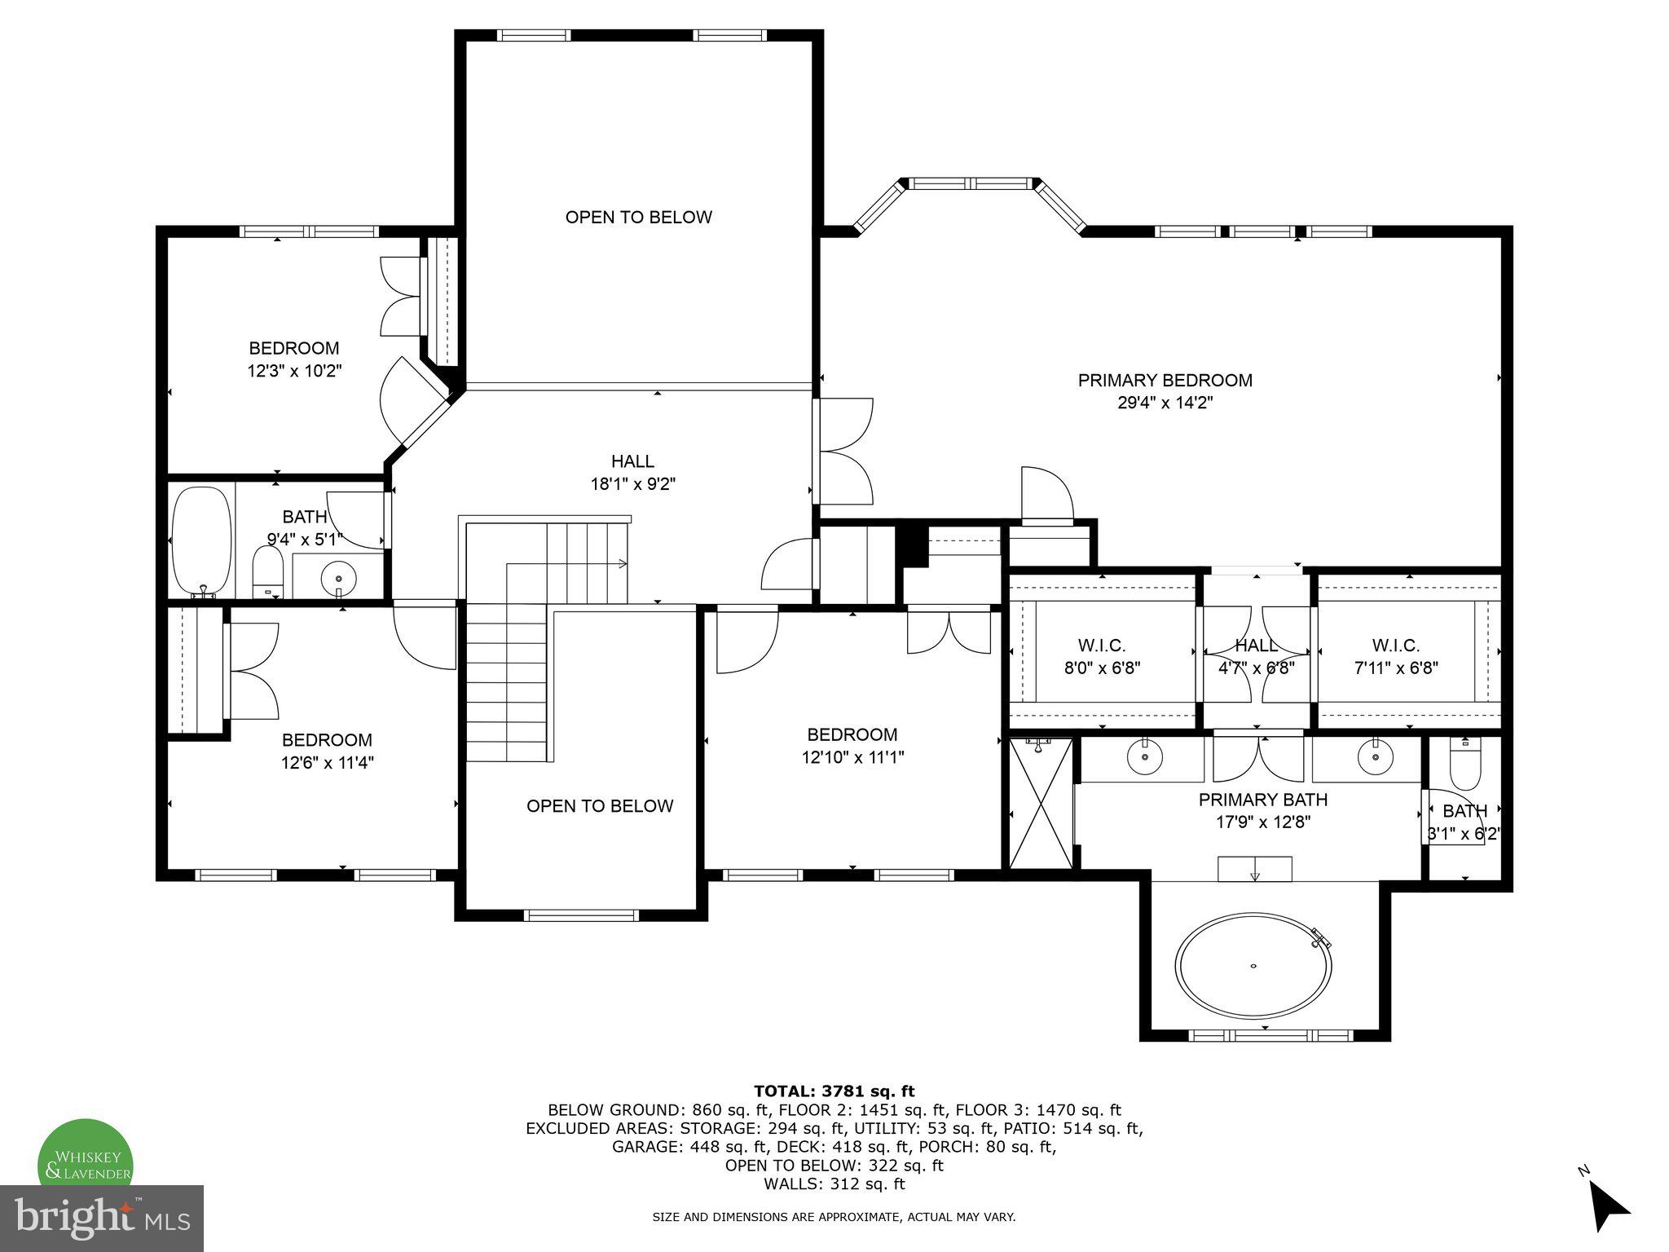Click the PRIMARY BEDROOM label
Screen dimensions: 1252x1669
tap(1165, 380)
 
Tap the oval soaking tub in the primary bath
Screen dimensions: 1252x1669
tap(1253, 967)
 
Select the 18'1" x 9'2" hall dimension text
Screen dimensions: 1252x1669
tap(633, 484)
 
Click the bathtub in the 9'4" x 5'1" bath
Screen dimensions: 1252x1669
tap(201, 541)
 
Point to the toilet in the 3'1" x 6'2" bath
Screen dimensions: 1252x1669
tap(1464, 765)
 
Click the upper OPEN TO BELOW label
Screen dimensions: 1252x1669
tap(638, 217)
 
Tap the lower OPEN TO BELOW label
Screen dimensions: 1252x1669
tap(600, 806)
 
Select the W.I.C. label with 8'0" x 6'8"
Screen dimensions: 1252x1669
tap(1102, 646)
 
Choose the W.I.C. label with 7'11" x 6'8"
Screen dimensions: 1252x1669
tap(1395, 646)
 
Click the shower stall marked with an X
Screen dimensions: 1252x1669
tap(1041, 803)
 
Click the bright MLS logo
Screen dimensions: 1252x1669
tap(102, 1219)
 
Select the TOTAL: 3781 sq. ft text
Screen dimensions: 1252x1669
tap(834, 1091)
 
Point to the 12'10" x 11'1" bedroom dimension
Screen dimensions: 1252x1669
tap(852, 757)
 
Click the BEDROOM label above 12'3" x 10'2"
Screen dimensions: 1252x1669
tap(293, 348)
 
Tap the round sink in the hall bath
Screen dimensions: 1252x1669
tap(338, 579)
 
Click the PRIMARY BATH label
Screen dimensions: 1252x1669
tap(1262, 800)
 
